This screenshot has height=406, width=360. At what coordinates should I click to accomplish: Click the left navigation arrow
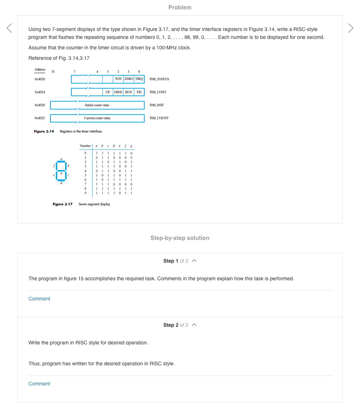click(9, 28)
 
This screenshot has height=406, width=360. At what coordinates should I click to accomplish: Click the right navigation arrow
click(351, 28)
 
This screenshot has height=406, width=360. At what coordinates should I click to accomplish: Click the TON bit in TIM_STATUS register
click(118, 79)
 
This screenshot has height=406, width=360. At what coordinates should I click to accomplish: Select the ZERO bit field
click(129, 79)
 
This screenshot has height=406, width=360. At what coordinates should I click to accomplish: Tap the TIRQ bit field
click(139, 79)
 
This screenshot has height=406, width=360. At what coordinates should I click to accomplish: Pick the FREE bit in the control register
click(118, 92)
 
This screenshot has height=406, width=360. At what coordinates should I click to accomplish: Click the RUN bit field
click(129, 92)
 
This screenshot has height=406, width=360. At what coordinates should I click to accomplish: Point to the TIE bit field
click(139, 92)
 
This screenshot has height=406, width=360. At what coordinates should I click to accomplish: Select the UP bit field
click(108, 92)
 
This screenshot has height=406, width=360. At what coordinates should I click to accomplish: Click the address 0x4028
click(40, 105)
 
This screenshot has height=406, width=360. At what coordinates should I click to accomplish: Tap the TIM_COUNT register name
click(159, 118)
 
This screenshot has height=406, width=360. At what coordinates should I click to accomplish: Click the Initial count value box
click(97, 105)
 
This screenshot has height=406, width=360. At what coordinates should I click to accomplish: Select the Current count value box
click(97, 118)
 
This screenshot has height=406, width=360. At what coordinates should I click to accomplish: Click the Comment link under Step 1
click(39, 299)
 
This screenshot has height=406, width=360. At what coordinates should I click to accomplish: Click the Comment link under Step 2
click(39, 384)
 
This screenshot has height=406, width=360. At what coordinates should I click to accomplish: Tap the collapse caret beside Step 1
click(194, 261)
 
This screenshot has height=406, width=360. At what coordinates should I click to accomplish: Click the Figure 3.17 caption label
click(62, 204)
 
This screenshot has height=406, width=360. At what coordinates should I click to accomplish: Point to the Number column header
click(85, 146)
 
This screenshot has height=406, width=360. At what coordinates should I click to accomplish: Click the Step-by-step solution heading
click(180, 238)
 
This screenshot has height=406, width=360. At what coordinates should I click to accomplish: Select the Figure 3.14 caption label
click(44, 131)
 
